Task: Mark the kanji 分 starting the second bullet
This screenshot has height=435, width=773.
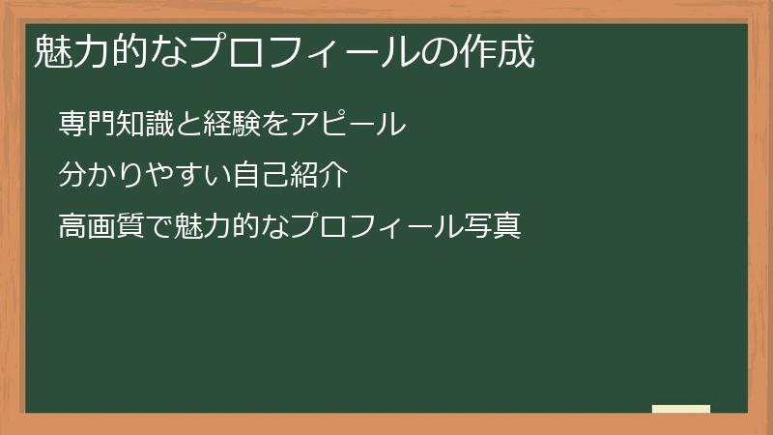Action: point(72,176)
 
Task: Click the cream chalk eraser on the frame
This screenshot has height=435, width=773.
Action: point(681,409)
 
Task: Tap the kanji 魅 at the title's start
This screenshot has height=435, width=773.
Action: point(48,53)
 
